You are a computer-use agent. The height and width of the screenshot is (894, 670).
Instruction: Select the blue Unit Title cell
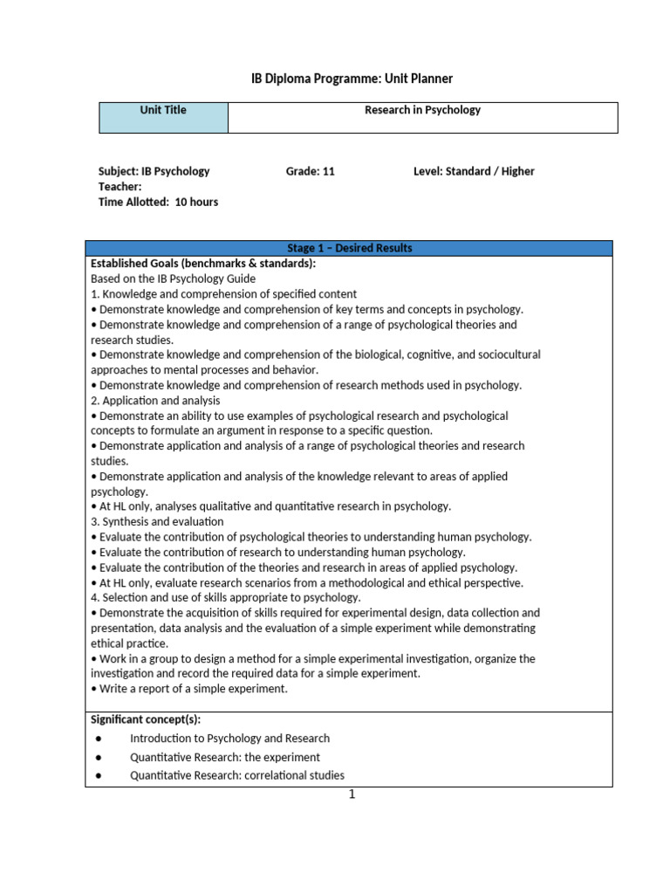pos(163,117)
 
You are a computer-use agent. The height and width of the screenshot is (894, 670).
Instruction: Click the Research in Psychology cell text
pos(422,110)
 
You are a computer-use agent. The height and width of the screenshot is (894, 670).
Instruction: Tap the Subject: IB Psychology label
pos(154,171)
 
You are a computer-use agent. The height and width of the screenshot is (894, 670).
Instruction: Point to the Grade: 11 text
pos(310,171)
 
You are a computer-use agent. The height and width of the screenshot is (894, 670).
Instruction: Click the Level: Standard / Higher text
pos(474,171)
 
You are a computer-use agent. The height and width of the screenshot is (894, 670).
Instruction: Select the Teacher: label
pos(120,187)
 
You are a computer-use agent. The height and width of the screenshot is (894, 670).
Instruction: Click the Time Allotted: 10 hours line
pos(158,202)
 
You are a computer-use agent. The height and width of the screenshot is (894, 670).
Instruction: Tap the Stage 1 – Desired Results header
pos(349,248)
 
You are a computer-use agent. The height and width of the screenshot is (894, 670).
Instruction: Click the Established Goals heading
pos(203,264)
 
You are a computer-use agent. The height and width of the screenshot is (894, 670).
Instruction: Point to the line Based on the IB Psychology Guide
pos(173,279)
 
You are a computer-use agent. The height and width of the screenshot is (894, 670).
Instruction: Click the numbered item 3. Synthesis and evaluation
pos(157,521)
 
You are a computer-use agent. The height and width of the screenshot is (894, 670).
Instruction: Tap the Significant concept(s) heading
pos(146,719)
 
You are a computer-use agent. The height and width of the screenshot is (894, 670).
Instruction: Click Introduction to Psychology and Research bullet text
pos(229,739)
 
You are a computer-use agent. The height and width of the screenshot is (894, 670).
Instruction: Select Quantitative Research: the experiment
pos(224,757)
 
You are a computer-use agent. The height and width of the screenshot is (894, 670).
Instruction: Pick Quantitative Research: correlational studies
pos(236,775)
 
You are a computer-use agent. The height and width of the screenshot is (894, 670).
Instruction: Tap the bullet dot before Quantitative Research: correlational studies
pos(99,775)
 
